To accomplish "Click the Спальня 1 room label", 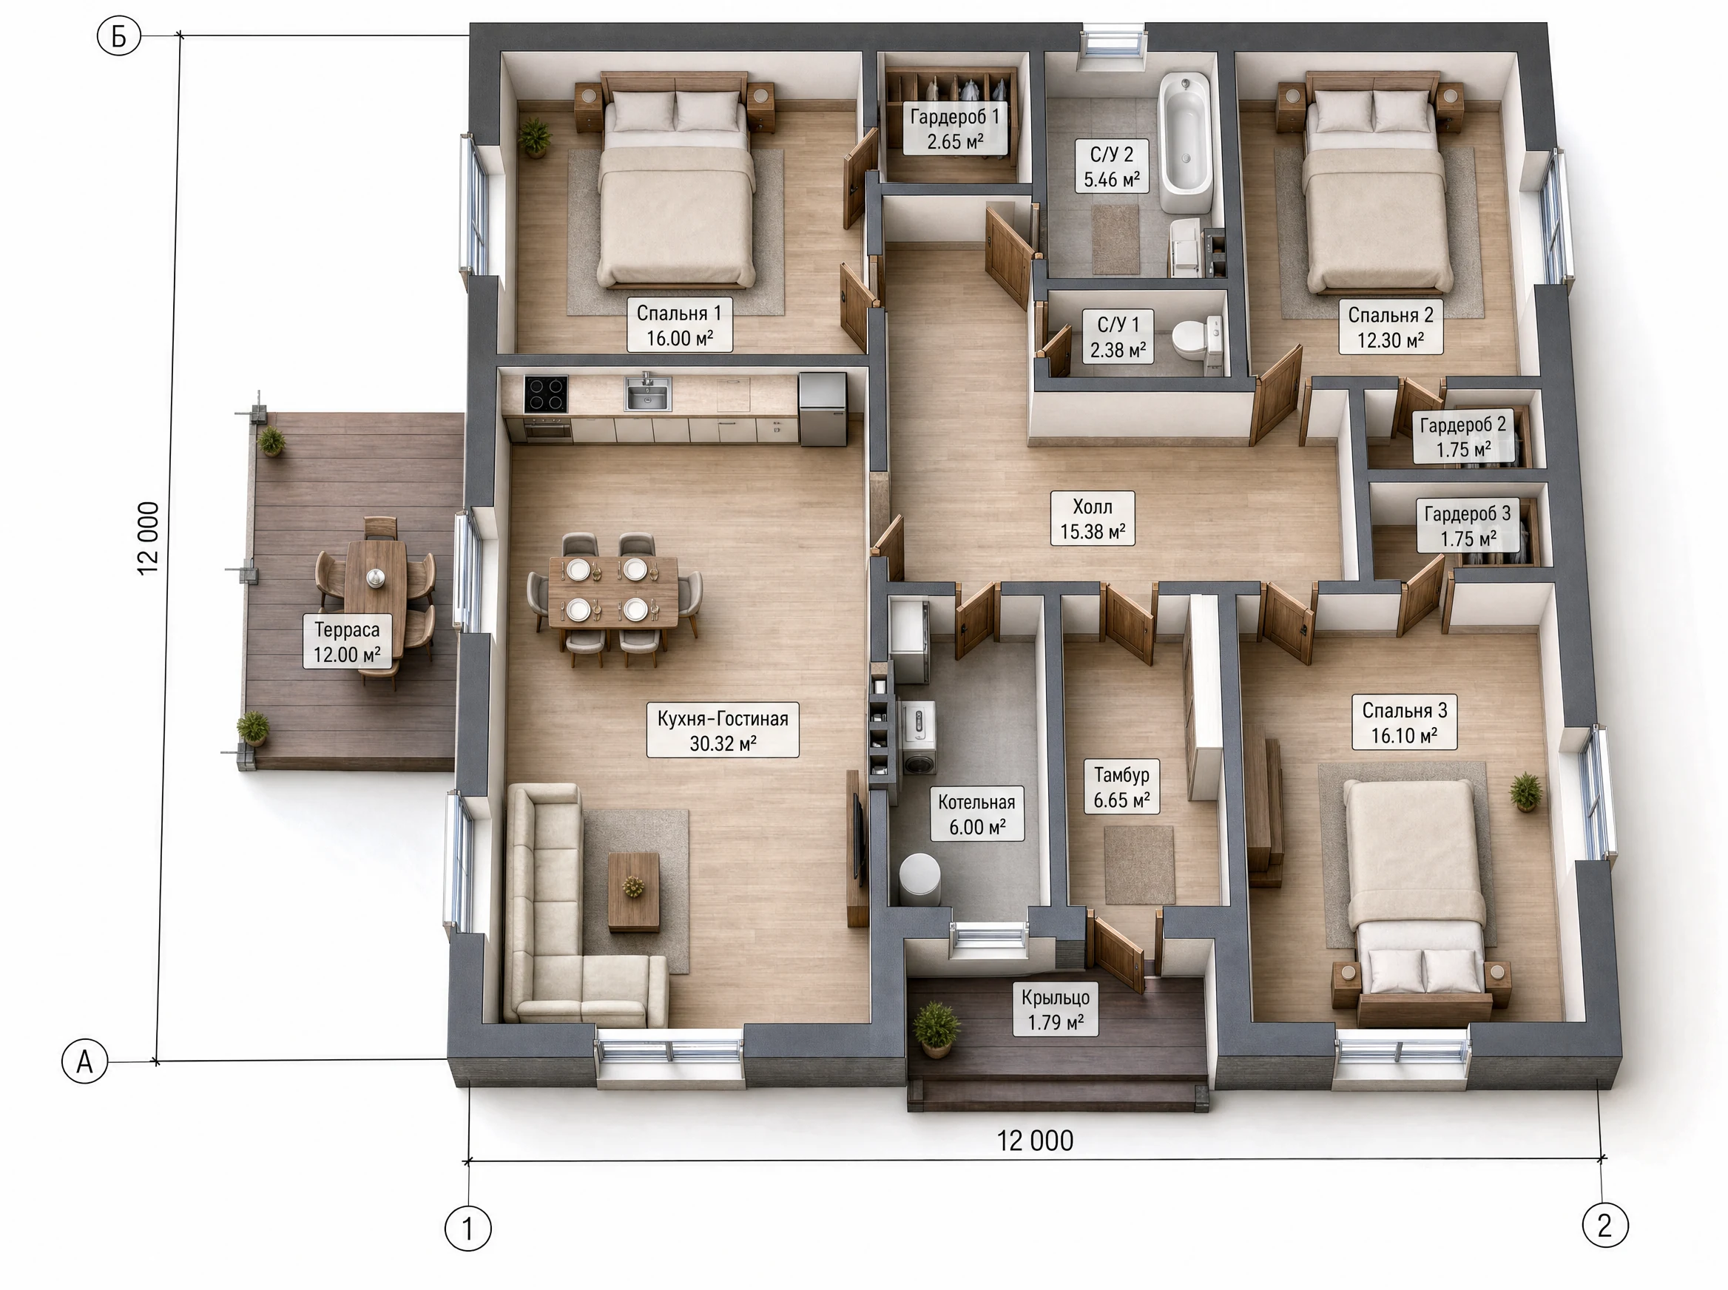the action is coord(679,325).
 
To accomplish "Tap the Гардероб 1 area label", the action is coord(954,129).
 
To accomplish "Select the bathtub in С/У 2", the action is coord(1184,142).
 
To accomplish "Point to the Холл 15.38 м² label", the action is coord(1093,519).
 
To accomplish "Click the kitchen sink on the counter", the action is coord(647,393).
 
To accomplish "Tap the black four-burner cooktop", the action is coord(546,394).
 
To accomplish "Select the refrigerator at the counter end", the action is coord(823,408).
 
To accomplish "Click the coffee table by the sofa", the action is coord(633,892).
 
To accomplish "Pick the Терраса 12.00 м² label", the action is coord(347,641).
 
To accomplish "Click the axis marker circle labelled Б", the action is coord(118,36).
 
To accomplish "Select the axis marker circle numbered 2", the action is coord(1605,1225).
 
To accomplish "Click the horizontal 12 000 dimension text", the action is coord(1035,1141).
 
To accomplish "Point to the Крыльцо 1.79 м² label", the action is coord(1056,1010).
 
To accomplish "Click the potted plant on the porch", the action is coord(936,1028).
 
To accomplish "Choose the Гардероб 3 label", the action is coord(1468,527).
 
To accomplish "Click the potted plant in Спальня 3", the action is coord(1525,791).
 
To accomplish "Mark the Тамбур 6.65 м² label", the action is coord(1121,787).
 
